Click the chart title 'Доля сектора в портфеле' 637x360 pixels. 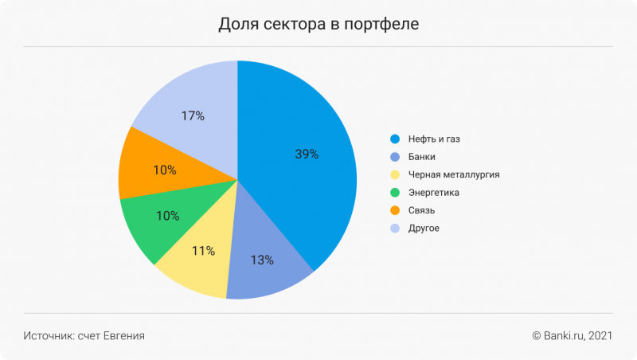tap(318, 25)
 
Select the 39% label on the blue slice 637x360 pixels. tap(307, 155)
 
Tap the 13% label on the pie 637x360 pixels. tap(262, 260)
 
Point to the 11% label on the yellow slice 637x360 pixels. tap(203, 251)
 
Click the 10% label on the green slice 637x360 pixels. tap(167, 216)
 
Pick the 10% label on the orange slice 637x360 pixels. tap(165, 170)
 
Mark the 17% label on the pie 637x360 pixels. tap(193, 116)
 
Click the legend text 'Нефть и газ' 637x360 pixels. tap(433, 139)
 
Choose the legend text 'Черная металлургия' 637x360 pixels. tap(453, 174)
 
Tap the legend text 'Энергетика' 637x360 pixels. tap(433, 193)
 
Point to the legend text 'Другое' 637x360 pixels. tap(424, 229)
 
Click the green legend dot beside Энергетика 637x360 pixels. tap(393, 193)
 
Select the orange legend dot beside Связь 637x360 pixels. tap(393, 210)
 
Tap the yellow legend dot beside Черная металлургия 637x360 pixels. tap(393, 174)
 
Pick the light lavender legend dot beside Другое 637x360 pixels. tap(393, 229)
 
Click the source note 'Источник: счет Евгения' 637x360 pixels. tap(84, 336)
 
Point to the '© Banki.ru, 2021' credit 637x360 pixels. tap(572, 336)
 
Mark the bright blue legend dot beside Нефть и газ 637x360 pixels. tap(393, 139)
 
